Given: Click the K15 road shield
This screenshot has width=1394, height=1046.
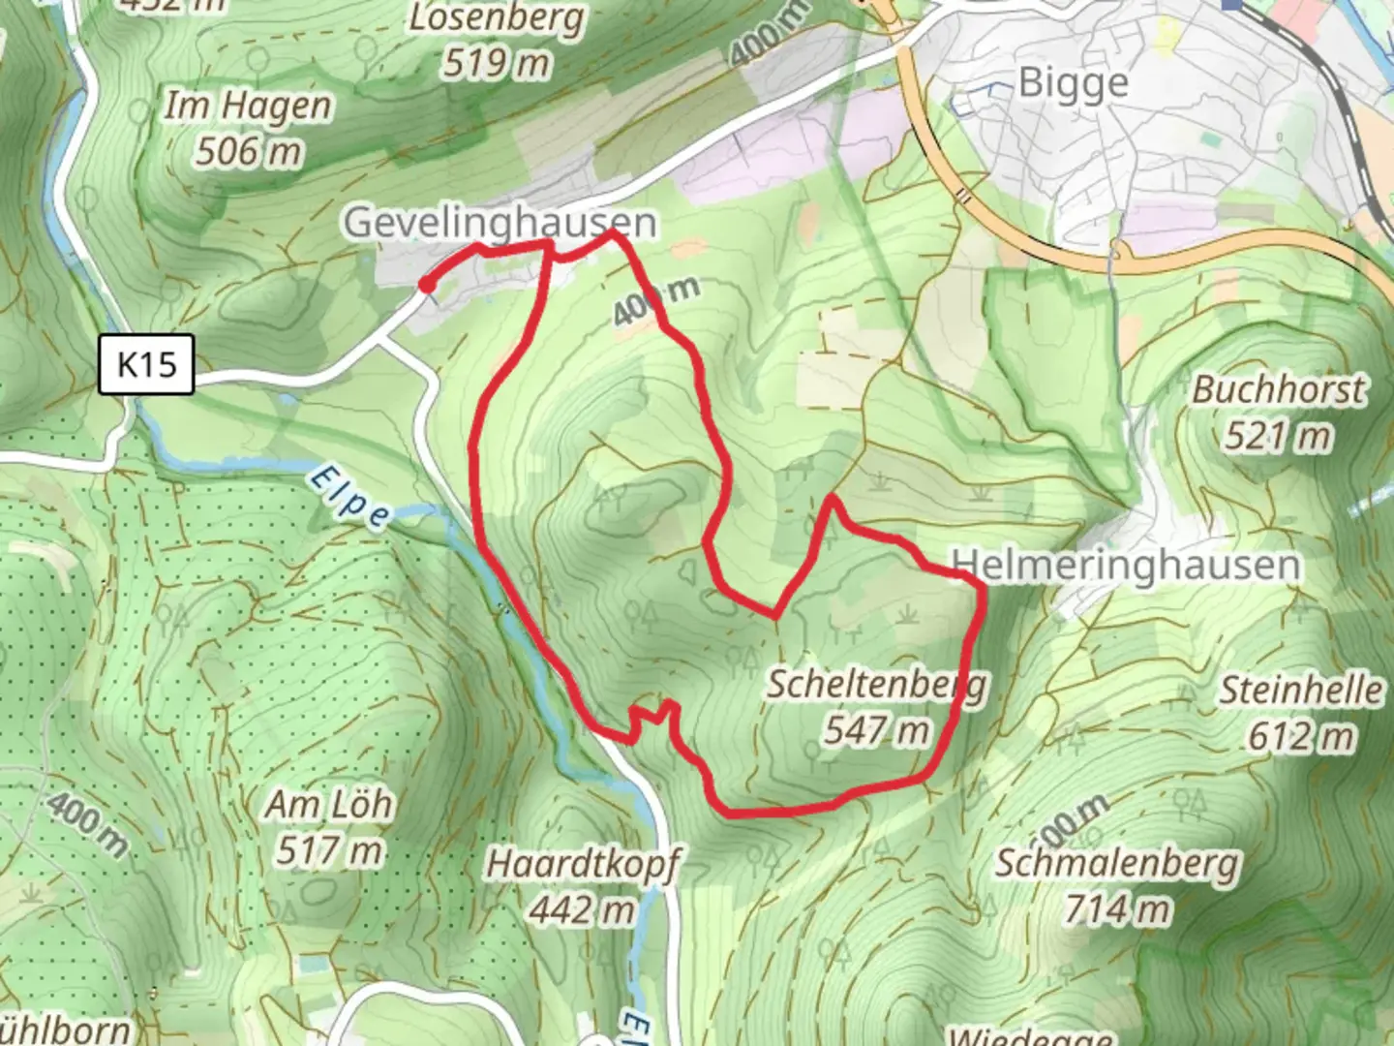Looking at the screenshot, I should [x=146, y=364].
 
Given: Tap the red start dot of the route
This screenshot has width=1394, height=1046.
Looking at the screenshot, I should [x=426, y=284].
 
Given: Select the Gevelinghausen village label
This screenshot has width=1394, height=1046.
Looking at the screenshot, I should [x=500, y=222].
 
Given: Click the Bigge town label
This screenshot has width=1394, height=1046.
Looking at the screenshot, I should [x=1074, y=83].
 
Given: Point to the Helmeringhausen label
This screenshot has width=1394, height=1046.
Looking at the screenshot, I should [x=1126, y=564].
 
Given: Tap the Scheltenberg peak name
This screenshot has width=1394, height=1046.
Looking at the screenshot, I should [x=877, y=684].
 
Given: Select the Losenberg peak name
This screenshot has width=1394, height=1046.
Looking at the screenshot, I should [x=497, y=17].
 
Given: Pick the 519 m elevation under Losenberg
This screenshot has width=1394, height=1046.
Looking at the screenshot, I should [x=497, y=63].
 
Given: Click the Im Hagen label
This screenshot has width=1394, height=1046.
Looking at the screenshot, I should [x=248, y=106].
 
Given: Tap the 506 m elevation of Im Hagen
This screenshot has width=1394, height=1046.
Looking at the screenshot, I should [x=248, y=151].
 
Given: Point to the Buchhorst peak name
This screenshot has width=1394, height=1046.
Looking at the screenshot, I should [x=1278, y=389].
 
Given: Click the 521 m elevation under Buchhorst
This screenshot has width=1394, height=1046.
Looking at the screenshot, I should [x=1278, y=436].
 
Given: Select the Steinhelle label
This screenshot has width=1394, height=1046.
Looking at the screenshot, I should [x=1300, y=691].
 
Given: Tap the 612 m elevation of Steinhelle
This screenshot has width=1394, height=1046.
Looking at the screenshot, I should [x=1300, y=737].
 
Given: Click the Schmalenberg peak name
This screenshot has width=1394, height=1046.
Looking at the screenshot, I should [x=1117, y=862].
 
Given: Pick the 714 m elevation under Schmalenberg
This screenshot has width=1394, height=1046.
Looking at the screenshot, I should [x=1117, y=908].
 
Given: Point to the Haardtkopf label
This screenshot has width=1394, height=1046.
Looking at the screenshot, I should [x=583, y=863].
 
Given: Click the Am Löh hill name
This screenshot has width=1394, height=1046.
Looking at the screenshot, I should [x=330, y=804].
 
